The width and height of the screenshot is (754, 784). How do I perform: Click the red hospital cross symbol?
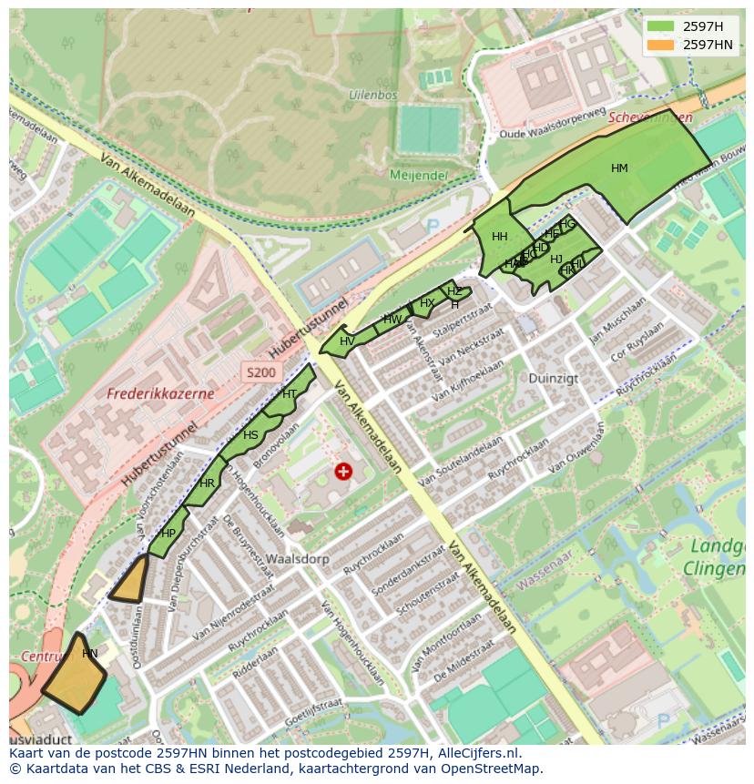[343, 471]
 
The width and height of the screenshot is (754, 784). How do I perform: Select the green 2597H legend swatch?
[662, 26]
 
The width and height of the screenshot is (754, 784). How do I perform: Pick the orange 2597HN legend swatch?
[662, 45]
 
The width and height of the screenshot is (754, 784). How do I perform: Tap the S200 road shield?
[260, 372]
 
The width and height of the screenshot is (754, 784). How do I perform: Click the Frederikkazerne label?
[160, 394]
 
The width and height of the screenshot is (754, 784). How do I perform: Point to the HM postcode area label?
[619, 168]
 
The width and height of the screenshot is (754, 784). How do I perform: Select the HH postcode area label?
[499, 237]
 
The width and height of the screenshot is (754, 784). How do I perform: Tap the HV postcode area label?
[347, 341]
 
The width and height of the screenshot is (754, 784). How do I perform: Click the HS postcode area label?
[250, 435]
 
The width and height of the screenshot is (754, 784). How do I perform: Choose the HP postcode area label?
[168, 534]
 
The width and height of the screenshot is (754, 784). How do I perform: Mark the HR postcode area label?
[207, 484]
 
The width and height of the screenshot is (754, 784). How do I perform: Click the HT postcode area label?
[290, 394]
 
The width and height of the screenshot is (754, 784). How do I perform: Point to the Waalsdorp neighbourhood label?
[290, 559]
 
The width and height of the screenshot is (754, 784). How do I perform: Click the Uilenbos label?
[372, 94]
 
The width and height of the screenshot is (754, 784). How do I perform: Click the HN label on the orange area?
[89, 654]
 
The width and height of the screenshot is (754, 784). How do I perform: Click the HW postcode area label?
[392, 320]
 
